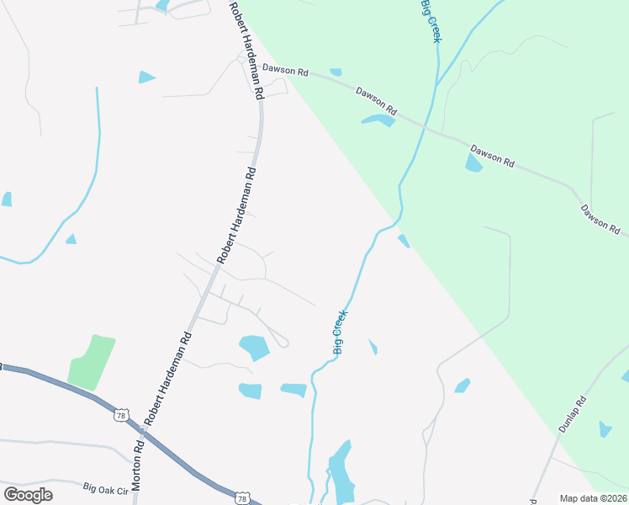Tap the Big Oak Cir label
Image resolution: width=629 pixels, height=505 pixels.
[x=105, y=487]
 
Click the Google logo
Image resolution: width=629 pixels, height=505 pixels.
[x=28, y=495]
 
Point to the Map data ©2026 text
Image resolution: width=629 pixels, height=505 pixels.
[x=592, y=498]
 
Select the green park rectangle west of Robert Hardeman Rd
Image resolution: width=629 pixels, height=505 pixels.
[x=91, y=362]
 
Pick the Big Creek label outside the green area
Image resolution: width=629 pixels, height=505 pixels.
[x=340, y=332]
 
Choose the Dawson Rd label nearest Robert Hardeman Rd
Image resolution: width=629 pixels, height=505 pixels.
[x=285, y=71]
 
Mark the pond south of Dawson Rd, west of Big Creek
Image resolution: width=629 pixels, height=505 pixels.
[x=378, y=120]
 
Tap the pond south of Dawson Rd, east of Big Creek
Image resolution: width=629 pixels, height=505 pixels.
[x=473, y=162]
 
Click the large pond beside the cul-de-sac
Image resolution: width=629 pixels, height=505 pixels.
[x=254, y=347]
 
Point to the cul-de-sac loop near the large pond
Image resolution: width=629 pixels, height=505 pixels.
[x=283, y=342]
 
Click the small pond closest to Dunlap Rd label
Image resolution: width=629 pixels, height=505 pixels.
[x=605, y=429]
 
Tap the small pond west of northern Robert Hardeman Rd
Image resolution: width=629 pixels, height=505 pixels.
[x=147, y=77]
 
